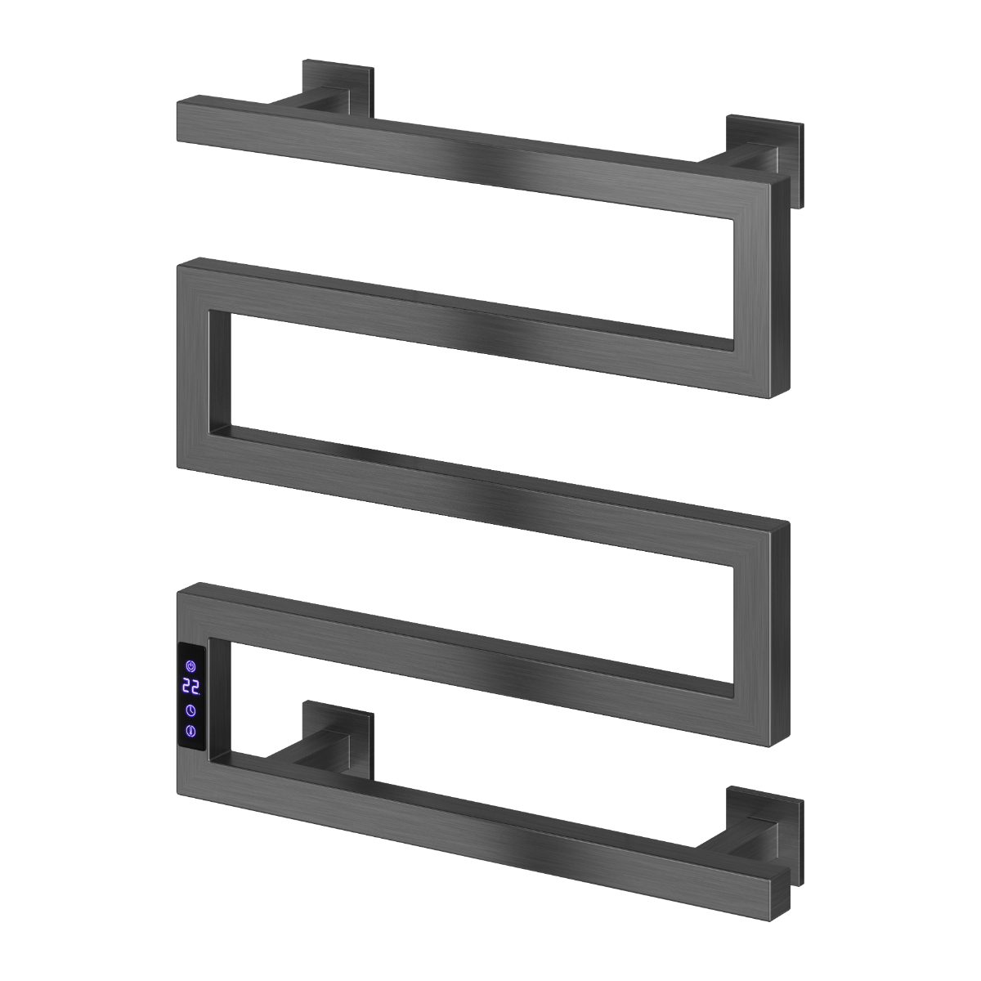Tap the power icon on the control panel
click(191, 666)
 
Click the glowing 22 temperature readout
click(191, 687)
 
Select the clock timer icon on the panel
click(191, 710)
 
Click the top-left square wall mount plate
click(338, 87)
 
